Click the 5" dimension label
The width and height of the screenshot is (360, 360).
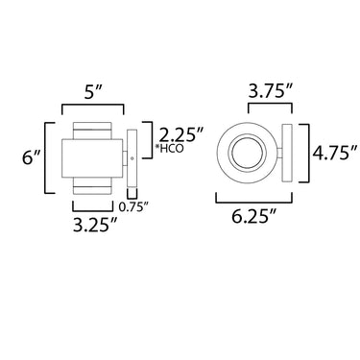93,93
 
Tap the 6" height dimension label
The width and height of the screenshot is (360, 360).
31,158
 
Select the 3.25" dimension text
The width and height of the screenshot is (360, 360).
94,226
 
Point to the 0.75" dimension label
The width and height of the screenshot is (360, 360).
133,207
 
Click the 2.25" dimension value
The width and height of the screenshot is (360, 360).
181,136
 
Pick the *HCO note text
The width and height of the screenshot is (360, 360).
169,148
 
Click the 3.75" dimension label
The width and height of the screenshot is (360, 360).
271,92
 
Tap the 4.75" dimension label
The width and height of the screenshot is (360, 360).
335,154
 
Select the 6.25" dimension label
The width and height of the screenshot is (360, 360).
253,218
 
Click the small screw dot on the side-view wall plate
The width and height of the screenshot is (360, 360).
132,157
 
